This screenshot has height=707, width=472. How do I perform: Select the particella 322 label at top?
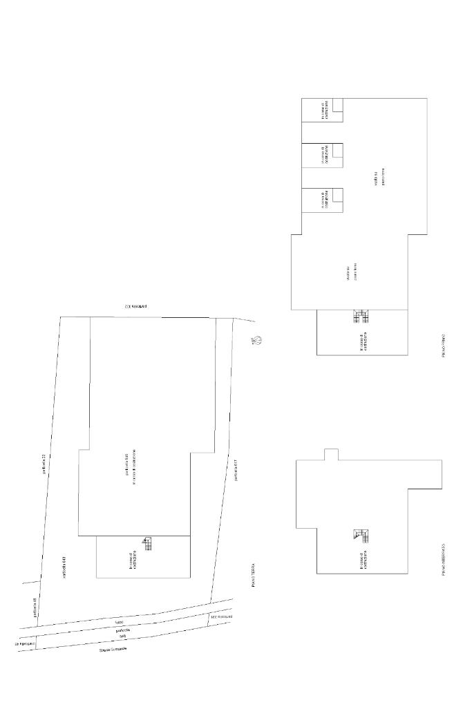pyautogui.click(x=136, y=305)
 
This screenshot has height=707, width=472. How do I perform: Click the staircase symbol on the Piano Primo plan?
pyautogui.click(x=361, y=317)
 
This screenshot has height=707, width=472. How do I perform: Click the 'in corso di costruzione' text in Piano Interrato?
pyautogui.click(x=362, y=560)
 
